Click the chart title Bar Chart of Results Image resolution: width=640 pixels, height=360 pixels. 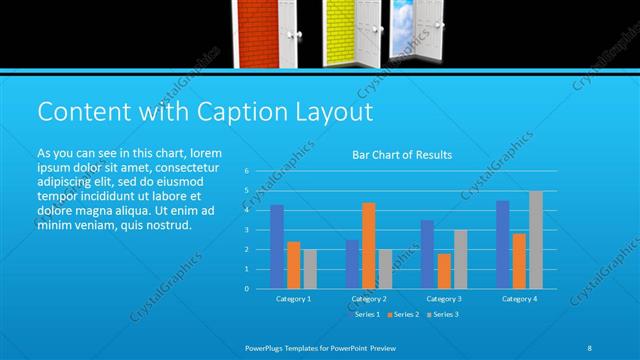click(402, 155)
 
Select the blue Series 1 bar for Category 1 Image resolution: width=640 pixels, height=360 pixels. click(277, 247)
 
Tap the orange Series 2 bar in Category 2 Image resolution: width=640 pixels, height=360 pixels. click(369, 245)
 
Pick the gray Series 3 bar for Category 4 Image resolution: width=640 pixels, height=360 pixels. click(536, 239)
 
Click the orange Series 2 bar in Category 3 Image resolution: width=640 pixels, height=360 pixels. click(444, 271)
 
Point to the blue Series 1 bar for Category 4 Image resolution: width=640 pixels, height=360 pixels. click(502, 244)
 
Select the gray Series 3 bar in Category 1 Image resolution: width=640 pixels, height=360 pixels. click(310, 269)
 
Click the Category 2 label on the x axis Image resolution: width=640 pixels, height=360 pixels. click(369, 299)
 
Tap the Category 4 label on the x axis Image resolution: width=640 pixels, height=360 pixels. click(519, 299)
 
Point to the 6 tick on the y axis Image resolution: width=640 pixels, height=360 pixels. click(245, 171)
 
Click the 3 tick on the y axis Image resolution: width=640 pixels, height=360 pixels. click(245, 230)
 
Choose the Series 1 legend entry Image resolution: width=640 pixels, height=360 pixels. click(366, 315)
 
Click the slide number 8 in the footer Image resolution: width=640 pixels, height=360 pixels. click(589, 346)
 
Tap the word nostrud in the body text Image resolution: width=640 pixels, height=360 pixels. click(166, 225)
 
